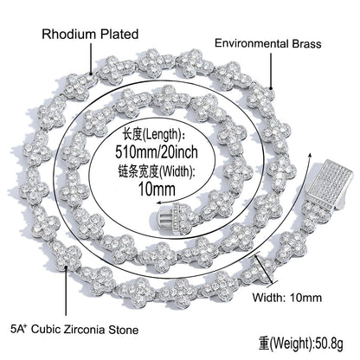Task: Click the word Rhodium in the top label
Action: (x=68, y=34)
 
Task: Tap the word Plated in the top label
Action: (x=119, y=34)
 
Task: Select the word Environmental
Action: (x=252, y=43)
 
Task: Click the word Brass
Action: (x=306, y=43)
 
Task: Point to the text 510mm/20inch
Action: (x=157, y=151)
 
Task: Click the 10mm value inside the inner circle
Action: (x=157, y=189)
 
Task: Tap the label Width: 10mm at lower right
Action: (x=287, y=298)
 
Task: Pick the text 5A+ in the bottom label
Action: (x=19, y=329)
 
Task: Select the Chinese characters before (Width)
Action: (x=138, y=172)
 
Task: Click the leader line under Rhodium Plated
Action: (x=91, y=58)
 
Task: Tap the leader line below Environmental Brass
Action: (x=271, y=70)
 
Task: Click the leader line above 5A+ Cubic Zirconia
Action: (x=66, y=291)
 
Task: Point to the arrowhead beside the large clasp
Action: (x=311, y=155)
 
